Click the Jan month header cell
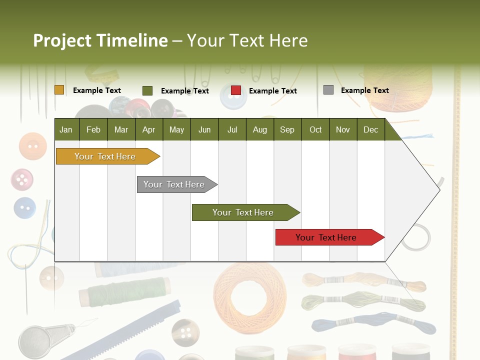point(66,129)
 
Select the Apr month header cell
point(149,129)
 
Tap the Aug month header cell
point(260,129)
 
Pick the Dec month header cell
point(371,129)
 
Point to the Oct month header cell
point(315,129)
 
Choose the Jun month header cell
point(204,129)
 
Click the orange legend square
point(59,90)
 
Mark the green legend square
point(147,90)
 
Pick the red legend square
point(236,90)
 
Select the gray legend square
point(328,90)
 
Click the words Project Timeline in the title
point(100,40)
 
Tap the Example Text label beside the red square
point(273,91)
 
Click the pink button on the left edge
point(22,179)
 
